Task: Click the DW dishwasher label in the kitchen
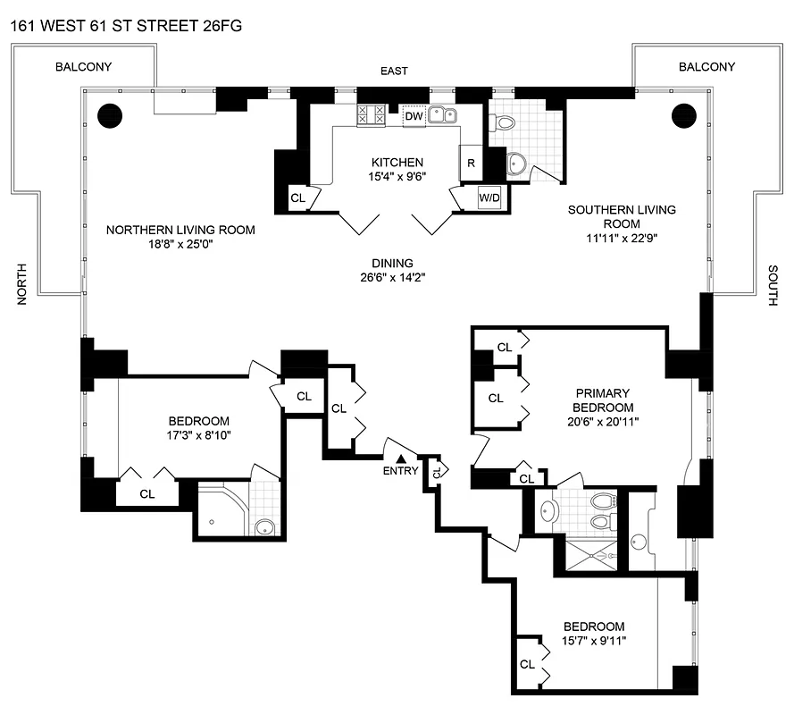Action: point(414,116)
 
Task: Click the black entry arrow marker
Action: point(401,458)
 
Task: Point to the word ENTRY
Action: point(400,471)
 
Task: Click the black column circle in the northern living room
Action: point(109,114)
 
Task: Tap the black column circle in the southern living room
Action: point(683,114)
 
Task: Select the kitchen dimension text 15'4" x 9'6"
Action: point(397,177)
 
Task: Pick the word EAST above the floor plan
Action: point(393,71)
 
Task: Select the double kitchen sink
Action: point(442,114)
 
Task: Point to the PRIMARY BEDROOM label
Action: point(603,400)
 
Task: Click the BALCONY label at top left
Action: point(83,67)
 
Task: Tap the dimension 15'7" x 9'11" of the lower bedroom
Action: point(594,641)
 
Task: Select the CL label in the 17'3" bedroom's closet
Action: point(147,492)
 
